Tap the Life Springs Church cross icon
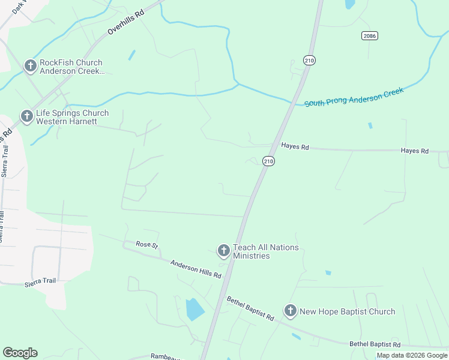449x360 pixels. pos(26,116)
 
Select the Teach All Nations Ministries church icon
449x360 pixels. pos(223,251)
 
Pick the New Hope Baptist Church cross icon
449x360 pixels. pos(291,311)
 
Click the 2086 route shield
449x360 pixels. pos(370,36)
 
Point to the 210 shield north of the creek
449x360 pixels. pos(309,60)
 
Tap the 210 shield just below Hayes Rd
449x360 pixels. pos(268,161)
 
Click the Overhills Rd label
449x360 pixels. pos(126,25)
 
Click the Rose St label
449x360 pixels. pos(146,244)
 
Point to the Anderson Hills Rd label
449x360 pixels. pos(196,269)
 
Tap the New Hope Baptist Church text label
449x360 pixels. pos(347,311)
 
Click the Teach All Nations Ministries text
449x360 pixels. pos(265,252)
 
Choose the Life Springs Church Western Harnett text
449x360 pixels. pos(72,117)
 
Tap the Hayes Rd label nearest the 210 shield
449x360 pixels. pos(295,146)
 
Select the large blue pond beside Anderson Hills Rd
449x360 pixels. pos(195,309)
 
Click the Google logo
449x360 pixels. pos(20,353)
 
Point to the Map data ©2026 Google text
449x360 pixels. pos(412,355)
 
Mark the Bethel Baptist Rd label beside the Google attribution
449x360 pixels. pos(375,344)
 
